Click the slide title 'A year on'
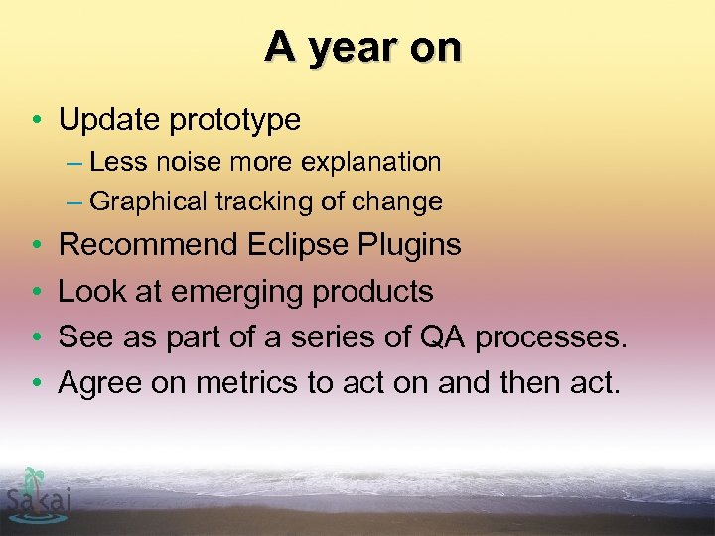[362, 47]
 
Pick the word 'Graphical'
[149, 202]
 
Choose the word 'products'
[372, 291]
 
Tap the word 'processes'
[549, 337]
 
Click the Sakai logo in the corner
[37, 493]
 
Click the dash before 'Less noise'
[73, 162]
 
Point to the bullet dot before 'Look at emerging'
[35, 292]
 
